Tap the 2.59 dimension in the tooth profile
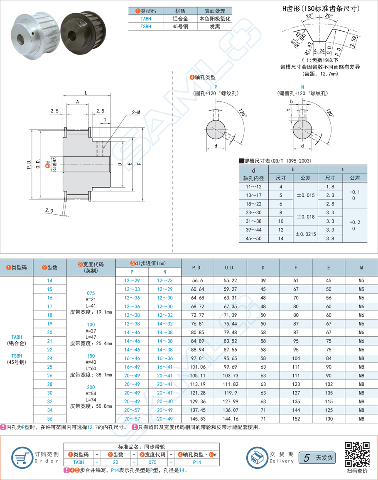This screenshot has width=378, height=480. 353,42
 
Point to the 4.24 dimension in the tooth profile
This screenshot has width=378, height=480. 319,51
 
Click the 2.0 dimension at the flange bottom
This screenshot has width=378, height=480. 49,211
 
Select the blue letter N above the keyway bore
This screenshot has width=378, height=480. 302,87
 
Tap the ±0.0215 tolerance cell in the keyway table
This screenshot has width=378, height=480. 305,234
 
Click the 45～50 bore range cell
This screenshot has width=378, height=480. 254,238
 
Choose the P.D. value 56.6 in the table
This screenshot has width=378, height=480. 197,280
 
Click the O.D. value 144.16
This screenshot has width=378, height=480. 231,418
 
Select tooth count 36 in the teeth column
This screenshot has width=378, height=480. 50,418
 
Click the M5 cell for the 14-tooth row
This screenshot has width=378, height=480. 361,280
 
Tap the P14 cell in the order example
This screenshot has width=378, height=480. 197,462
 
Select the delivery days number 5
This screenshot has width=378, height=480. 307,458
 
